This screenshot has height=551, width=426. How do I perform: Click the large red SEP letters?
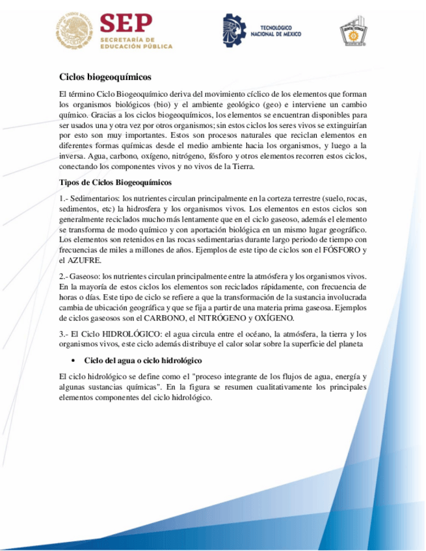[x=126, y=24]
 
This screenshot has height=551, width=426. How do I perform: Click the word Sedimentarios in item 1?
[x=96, y=198]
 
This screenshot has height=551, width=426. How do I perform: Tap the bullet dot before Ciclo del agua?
[x=72, y=360]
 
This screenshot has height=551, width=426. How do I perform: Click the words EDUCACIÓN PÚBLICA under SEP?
[x=137, y=47]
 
